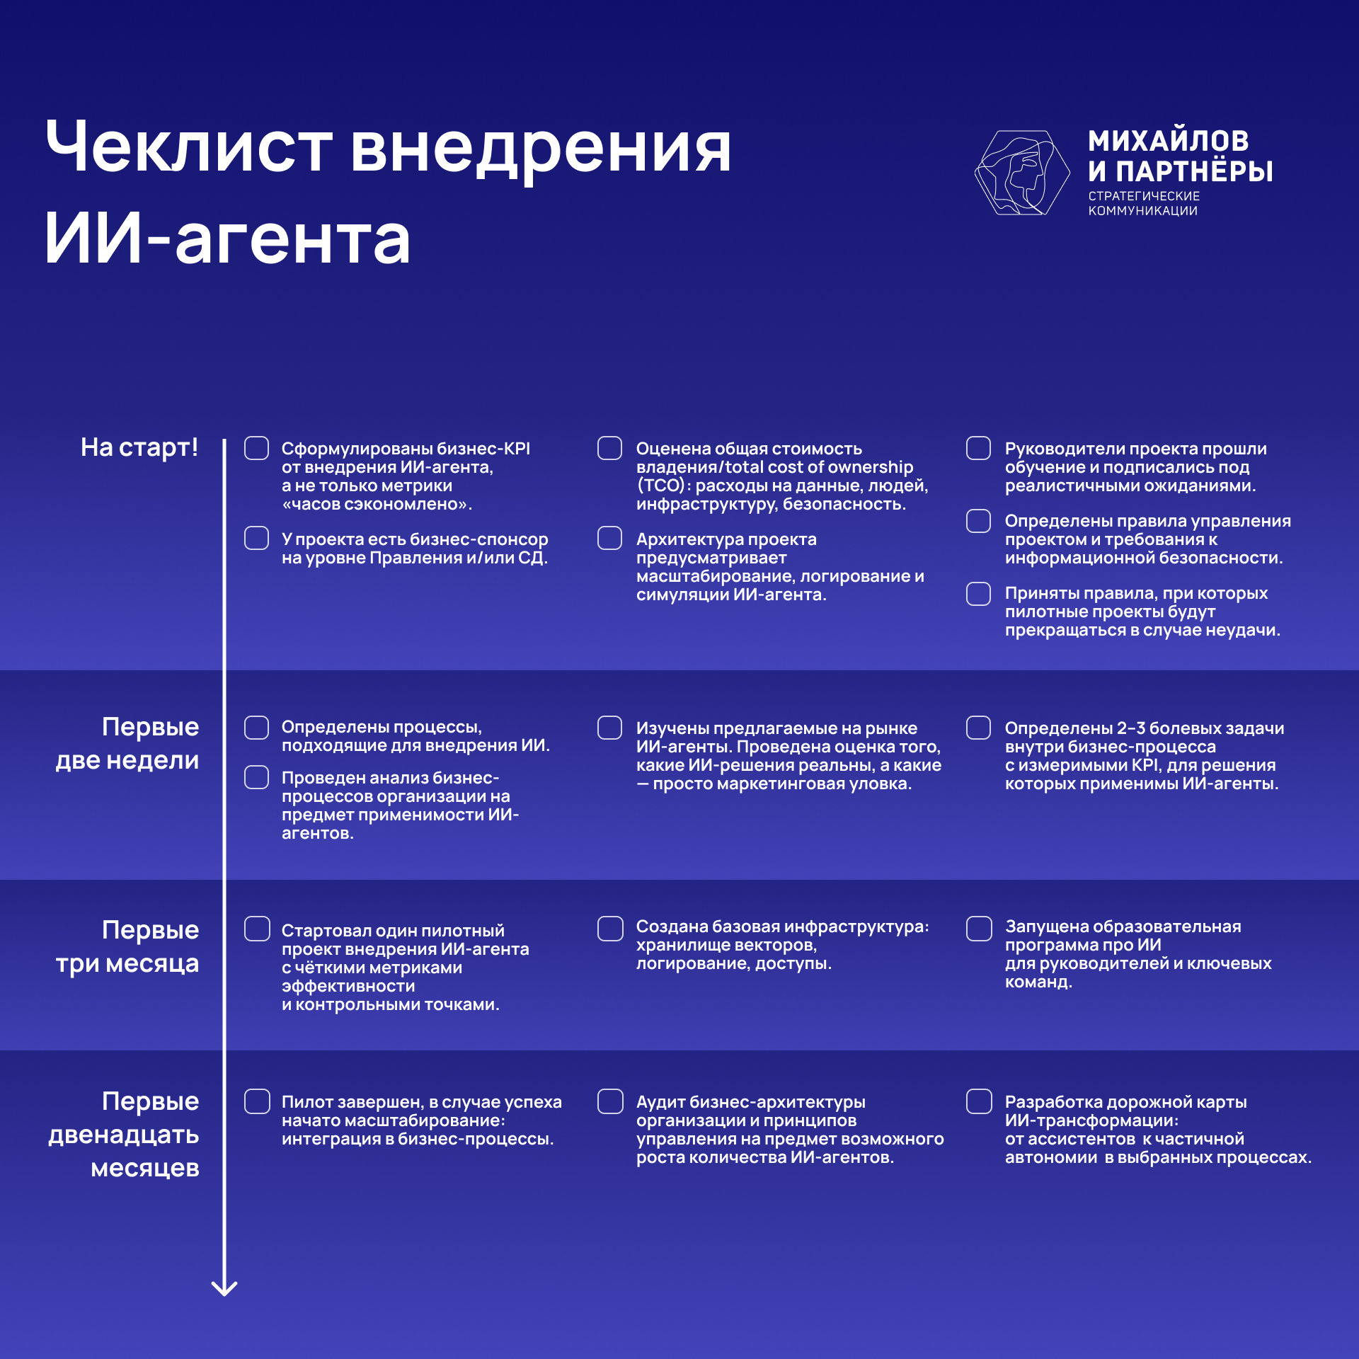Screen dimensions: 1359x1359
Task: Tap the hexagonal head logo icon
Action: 1022,173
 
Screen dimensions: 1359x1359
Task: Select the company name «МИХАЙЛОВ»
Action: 1169,141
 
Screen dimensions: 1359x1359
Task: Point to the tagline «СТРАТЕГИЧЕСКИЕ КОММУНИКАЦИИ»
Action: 1144,203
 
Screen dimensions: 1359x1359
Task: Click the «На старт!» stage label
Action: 139,447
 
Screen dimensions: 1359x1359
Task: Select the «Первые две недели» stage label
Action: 127,743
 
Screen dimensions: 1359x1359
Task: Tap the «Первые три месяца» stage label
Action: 127,946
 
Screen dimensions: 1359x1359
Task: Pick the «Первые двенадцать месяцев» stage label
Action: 124,1135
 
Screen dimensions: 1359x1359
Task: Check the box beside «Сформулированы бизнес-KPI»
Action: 256,448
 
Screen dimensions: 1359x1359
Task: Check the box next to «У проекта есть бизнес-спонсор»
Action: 256,538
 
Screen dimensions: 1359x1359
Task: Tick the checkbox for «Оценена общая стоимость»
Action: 609,448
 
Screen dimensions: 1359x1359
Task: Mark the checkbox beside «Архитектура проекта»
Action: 609,538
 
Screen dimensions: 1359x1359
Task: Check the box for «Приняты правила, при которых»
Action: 979,594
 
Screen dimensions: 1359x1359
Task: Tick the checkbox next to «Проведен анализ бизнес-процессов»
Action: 256,776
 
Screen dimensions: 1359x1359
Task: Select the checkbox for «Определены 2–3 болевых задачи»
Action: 979,728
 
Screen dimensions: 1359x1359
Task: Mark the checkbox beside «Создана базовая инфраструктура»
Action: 610,929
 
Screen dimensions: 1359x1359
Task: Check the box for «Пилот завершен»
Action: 257,1101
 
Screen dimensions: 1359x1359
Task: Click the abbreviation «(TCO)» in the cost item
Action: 661,486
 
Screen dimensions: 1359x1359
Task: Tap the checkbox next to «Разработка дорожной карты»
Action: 979,1101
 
